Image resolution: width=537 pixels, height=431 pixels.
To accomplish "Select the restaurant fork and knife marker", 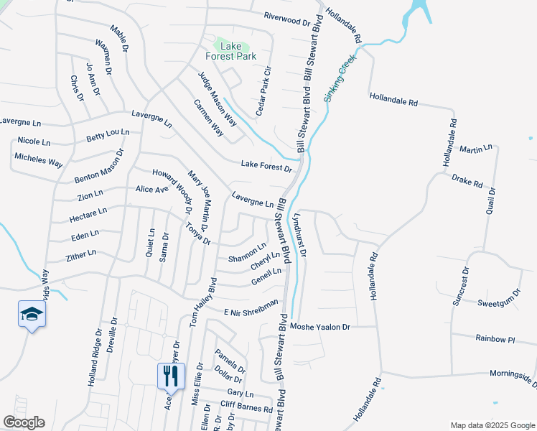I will coord(171,375).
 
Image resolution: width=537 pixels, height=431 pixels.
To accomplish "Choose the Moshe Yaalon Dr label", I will coord(319,327).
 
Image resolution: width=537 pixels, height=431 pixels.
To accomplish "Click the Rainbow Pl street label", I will coord(496,338).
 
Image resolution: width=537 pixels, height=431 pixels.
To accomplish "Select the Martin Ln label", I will coord(476,149).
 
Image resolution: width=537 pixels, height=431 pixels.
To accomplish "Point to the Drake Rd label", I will coord(467,180).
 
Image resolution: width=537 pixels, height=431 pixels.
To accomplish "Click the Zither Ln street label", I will coord(80,254).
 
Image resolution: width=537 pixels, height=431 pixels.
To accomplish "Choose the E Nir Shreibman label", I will coord(251,308).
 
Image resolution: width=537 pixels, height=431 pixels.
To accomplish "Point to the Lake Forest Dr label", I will coord(266,166).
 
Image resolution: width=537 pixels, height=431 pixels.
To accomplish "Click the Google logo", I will coord(24,422).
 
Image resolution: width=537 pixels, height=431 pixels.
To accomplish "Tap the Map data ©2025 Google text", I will coord(492,425).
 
